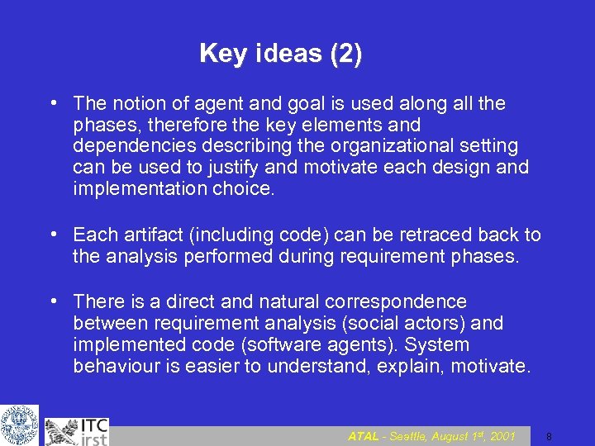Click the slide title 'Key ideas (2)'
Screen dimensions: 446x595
[x=280, y=55]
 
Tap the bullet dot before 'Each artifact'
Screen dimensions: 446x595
[x=53, y=234]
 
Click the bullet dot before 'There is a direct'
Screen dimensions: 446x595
[x=53, y=301]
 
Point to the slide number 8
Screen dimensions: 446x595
[x=549, y=436]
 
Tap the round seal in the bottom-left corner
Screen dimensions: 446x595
[x=19, y=425]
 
